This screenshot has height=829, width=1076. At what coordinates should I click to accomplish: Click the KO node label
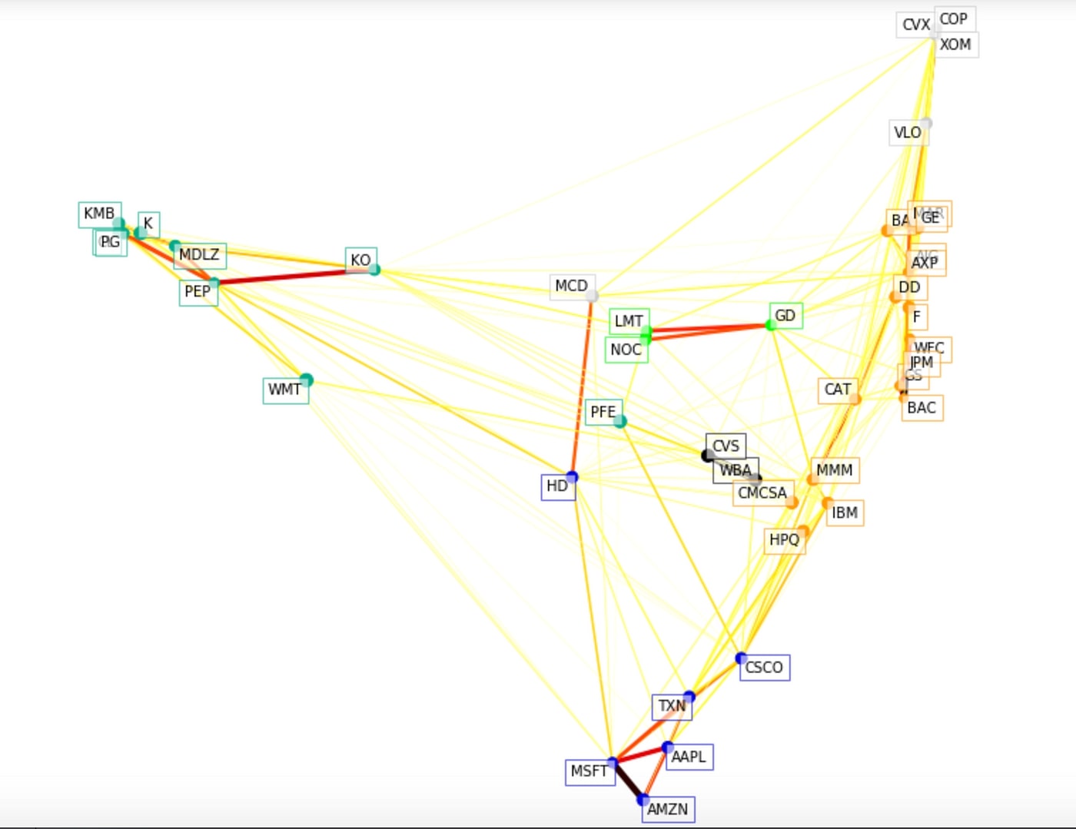coord(360,260)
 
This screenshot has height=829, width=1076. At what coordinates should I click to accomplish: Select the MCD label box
coord(571,286)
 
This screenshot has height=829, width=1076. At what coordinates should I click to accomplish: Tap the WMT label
coord(284,390)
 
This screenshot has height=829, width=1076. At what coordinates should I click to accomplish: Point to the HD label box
coord(557,486)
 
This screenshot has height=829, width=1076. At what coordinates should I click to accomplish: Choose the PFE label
coord(603,413)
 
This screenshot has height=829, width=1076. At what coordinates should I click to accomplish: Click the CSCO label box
coord(764,668)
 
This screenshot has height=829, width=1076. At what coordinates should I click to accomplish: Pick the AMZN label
coord(667,809)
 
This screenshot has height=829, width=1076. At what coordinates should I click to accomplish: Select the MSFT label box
coord(589,771)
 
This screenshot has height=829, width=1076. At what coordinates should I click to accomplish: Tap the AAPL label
coord(689,757)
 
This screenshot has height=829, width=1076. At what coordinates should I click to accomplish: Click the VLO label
coord(907,133)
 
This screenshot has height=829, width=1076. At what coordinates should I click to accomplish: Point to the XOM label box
coord(955,45)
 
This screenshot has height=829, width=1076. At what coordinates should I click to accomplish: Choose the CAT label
coord(837,390)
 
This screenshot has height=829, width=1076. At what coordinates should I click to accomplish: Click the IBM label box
coord(845,512)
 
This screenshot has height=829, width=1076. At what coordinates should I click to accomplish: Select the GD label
coord(785,316)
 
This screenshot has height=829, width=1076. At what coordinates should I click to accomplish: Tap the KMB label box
coord(99,214)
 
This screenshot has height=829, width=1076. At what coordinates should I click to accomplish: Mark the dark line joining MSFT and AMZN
coord(628,782)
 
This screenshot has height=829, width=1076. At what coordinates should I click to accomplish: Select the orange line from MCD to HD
coord(582,384)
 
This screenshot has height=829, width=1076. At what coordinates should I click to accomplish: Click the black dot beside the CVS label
coord(708,456)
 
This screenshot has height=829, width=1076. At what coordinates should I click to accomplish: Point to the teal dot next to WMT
coord(307,380)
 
